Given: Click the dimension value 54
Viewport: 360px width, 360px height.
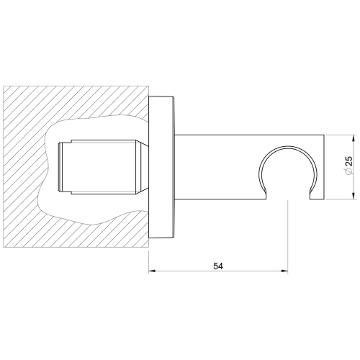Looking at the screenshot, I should (218, 266).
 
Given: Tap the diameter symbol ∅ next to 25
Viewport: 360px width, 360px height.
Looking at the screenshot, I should (348, 176).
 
